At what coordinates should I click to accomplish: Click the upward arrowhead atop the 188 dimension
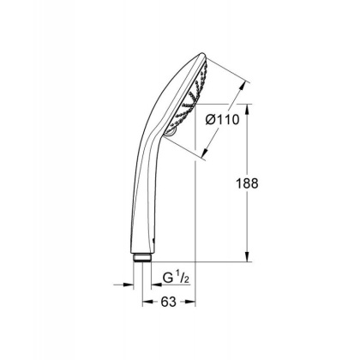pyautogui.click(x=249, y=109)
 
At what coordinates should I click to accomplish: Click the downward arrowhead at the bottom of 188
pyautogui.click(x=249, y=258)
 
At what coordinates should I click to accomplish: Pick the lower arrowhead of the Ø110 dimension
pyautogui.click(x=207, y=157)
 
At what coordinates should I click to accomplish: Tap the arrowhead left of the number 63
pyautogui.click(x=147, y=301)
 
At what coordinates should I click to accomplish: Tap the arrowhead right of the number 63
pyautogui.click(x=192, y=301)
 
